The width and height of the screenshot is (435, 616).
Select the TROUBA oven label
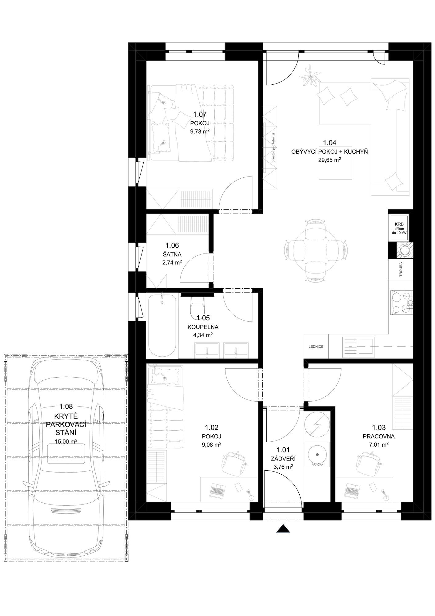(401, 270)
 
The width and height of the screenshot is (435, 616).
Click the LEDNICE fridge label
(316, 346)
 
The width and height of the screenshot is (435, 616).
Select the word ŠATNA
(172, 254)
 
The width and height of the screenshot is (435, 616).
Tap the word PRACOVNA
(379, 436)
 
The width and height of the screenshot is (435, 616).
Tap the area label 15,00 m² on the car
(66, 441)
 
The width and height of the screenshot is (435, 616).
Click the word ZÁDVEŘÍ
(283, 459)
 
